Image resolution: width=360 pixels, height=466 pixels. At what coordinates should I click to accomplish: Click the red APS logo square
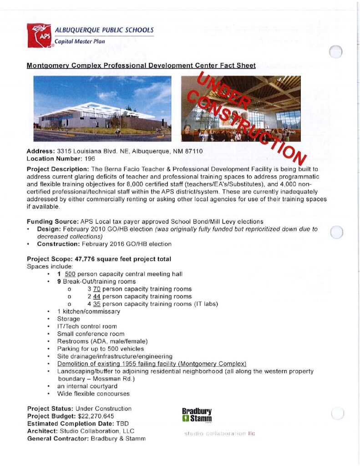(39, 35)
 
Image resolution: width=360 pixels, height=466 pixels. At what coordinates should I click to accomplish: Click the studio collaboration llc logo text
(219, 433)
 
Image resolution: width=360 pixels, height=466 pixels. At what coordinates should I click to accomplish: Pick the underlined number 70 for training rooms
(96, 289)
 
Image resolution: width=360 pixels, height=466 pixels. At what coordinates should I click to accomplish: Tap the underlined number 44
(96, 296)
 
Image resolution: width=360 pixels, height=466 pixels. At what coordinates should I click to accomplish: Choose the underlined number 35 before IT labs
(96, 304)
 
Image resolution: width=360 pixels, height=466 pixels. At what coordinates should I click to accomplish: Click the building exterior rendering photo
(102, 108)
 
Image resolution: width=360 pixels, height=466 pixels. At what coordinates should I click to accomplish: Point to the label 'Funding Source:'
(52, 222)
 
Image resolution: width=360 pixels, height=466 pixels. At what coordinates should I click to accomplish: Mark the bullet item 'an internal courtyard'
(87, 386)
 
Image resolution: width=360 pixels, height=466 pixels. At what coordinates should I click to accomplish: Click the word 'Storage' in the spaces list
(68, 319)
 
